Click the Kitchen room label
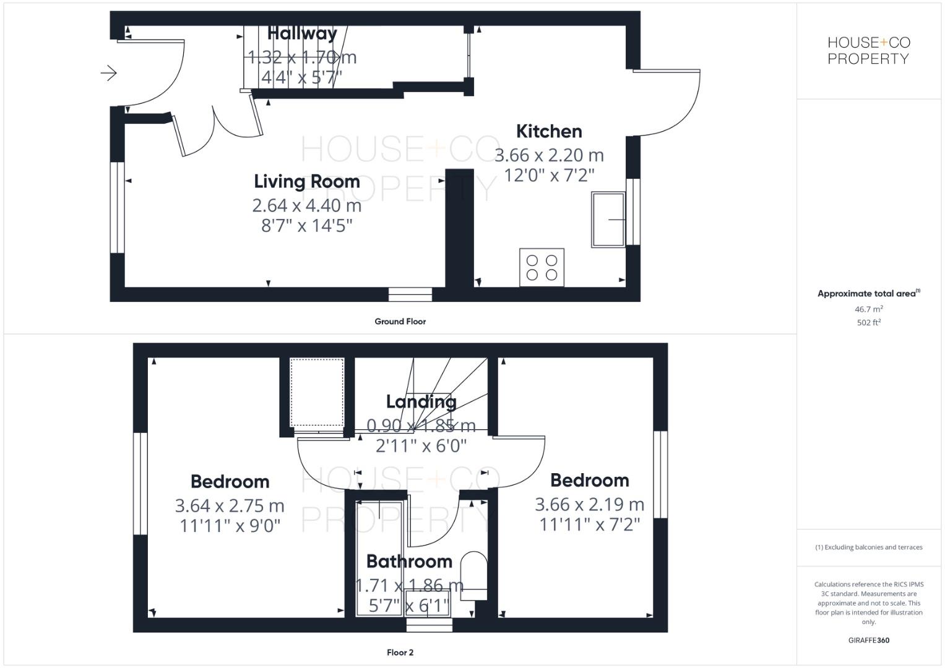click(549, 131)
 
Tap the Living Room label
click(306, 181)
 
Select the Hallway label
click(302, 33)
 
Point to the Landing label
click(421, 401)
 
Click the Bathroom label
click(409, 561)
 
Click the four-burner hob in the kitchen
click(542, 267)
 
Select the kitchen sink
click(608, 220)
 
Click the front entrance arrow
click(109, 73)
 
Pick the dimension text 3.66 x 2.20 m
click(549, 155)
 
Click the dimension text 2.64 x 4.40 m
click(306, 205)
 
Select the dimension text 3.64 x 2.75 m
click(230, 506)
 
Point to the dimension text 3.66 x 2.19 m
click(589, 505)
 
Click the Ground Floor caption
click(400, 322)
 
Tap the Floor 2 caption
click(400, 653)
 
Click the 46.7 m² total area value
click(868, 309)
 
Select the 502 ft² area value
click(868, 323)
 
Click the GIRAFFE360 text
click(868, 641)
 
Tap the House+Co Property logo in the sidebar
click(868, 51)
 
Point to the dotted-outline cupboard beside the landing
click(317, 392)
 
